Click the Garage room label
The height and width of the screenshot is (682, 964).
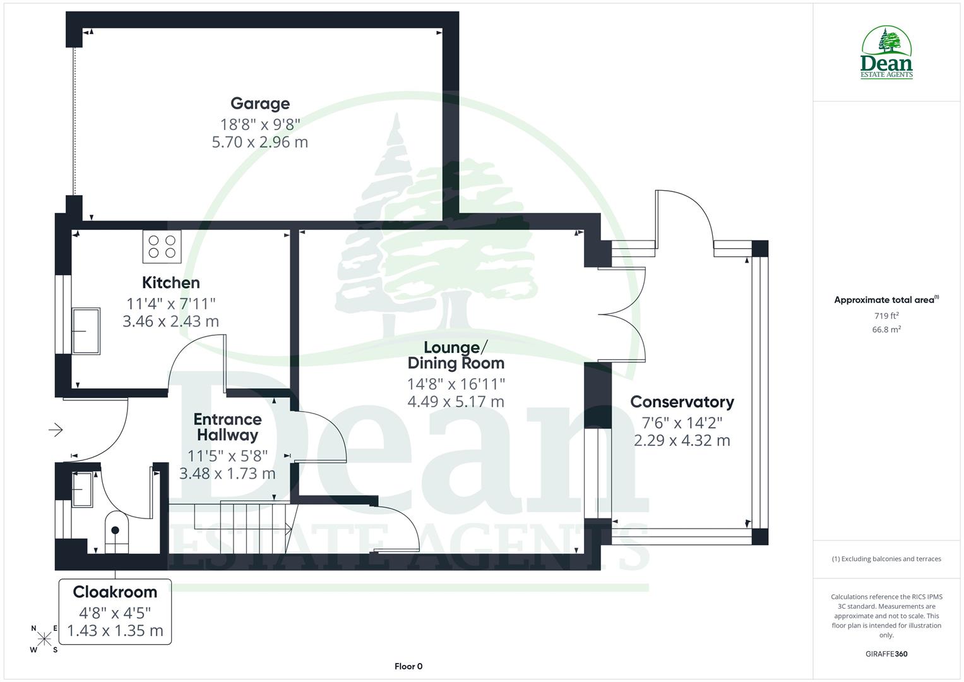[x=259, y=104]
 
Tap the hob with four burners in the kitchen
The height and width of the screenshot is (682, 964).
[x=162, y=246]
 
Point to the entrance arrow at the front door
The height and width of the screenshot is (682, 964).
[x=56, y=430]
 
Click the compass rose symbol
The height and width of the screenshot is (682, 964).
[x=44, y=639]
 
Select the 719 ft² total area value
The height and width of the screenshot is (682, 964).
[x=886, y=316]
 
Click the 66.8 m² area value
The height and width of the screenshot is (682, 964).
[x=886, y=329]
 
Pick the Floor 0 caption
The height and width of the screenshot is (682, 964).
[x=408, y=666]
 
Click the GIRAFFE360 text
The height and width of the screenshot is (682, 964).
[x=886, y=654]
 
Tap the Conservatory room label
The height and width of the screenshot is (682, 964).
[x=682, y=402]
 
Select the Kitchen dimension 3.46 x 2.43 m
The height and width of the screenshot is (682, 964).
[x=170, y=321]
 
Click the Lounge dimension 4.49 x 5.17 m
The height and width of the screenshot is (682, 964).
[x=455, y=401]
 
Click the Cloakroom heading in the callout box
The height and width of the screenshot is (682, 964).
[x=115, y=592]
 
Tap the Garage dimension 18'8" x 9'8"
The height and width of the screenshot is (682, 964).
[x=259, y=123]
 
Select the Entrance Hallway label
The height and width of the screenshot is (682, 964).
[x=227, y=427]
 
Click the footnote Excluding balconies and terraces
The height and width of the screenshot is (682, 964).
[x=886, y=559]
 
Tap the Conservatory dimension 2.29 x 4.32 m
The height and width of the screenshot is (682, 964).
[x=682, y=441]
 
